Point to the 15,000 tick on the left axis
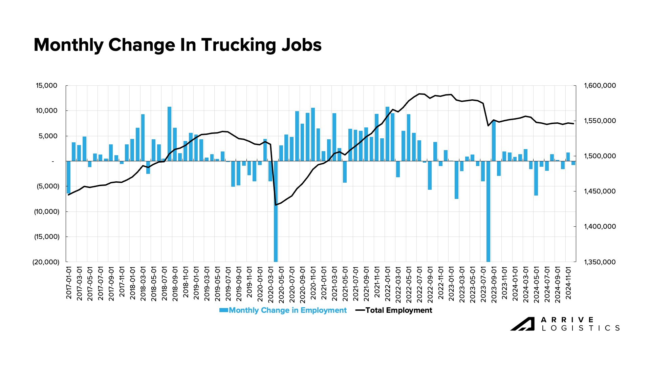(47, 86)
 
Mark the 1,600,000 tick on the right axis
(600, 86)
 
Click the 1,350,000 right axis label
(600, 262)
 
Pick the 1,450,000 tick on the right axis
(600, 191)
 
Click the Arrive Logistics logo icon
(522, 324)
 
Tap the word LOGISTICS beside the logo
(581, 328)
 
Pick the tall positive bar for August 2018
(170, 134)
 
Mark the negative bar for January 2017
(68, 177)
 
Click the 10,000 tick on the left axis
(47, 111)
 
